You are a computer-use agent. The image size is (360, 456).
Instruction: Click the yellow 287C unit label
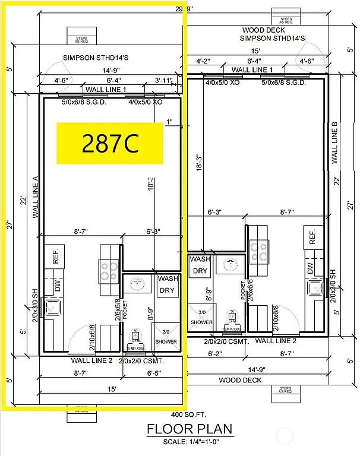point(109,143)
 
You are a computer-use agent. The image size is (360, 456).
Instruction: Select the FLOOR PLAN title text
point(189,429)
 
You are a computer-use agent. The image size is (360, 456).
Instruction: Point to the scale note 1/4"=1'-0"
point(189,441)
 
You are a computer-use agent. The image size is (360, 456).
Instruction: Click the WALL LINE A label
point(36,197)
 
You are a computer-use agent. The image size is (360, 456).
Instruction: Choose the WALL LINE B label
point(334,142)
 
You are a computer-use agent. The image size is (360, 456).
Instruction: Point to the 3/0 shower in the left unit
point(165,337)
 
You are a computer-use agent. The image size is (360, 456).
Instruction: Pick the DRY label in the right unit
point(200,271)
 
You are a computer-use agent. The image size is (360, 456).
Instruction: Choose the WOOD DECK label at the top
point(263,30)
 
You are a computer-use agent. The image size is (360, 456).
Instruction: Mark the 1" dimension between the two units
point(170,123)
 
